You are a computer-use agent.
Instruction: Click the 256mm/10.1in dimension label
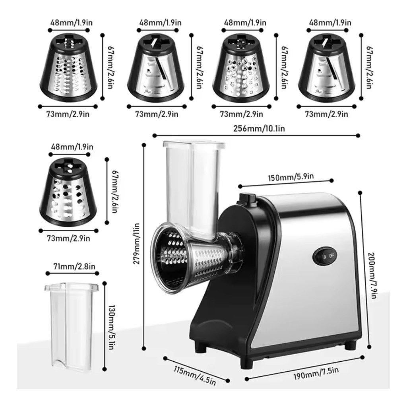(x=259, y=128)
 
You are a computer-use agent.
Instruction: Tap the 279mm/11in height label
(x=136, y=244)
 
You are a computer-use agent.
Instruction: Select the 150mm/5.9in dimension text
(x=291, y=177)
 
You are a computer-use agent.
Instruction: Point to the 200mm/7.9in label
(x=372, y=275)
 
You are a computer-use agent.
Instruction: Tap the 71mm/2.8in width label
(x=74, y=266)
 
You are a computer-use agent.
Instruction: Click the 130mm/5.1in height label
(x=112, y=327)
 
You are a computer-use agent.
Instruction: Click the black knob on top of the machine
(x=247, y=198)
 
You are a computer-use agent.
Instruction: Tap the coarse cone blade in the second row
(x=68, y=192)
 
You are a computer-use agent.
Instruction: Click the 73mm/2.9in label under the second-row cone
(x=68, y=238)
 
